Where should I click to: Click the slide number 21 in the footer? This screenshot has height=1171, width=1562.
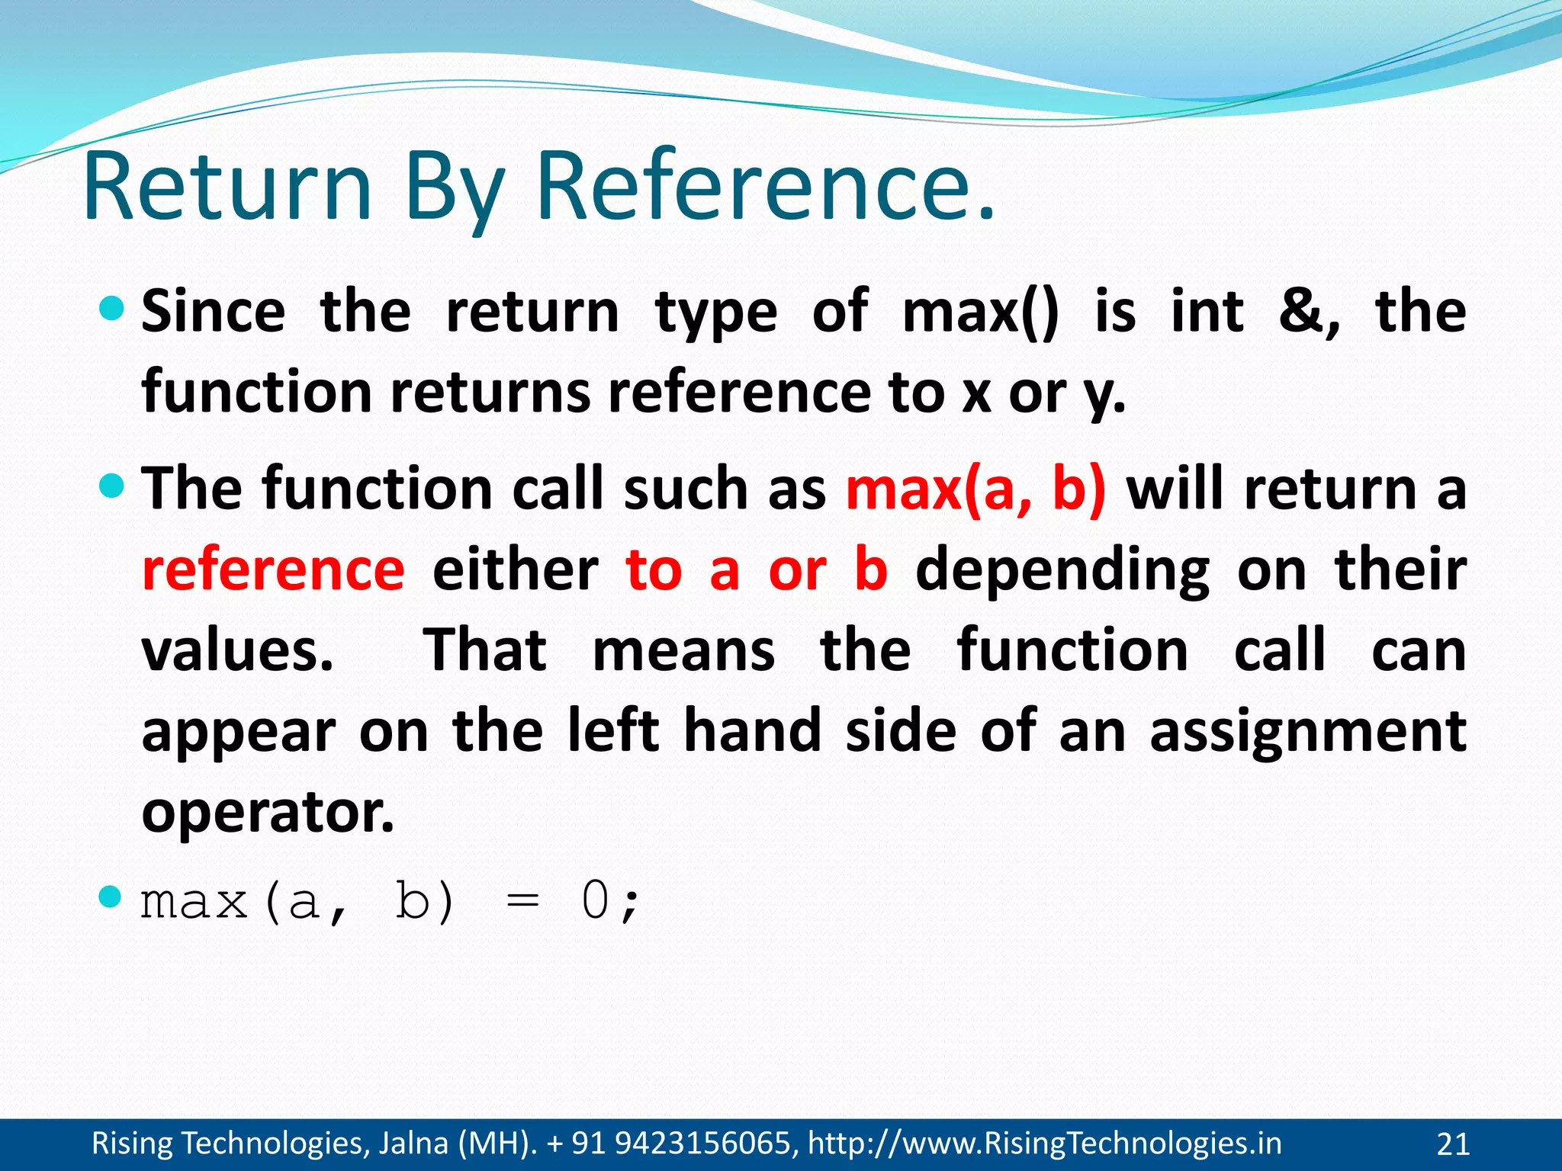click(x=1452, y=1144)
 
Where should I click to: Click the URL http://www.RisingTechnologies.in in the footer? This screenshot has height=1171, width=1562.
click(x=1044, y=1144)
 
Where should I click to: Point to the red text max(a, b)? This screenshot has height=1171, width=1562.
click(x=975, y=489)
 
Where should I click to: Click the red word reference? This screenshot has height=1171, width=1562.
click(x=273, y=570)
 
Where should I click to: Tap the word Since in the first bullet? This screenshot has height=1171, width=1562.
click(x=214, y=313)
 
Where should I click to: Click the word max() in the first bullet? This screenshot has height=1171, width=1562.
click(x=980, y=313)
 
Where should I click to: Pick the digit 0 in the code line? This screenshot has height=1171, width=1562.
click(x=595, y=901)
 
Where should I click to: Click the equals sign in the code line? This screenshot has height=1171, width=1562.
click(x=522, y=903)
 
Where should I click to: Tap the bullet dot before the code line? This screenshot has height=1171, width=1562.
click(x=111, y=897)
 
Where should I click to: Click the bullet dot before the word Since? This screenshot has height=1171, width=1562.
click(x=111, y=309)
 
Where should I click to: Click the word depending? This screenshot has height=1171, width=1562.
click(x=1062, y=570)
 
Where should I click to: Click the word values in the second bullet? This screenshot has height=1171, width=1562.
click(x=236, y=651)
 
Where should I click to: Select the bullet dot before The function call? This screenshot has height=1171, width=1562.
click(x=111, y=485)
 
